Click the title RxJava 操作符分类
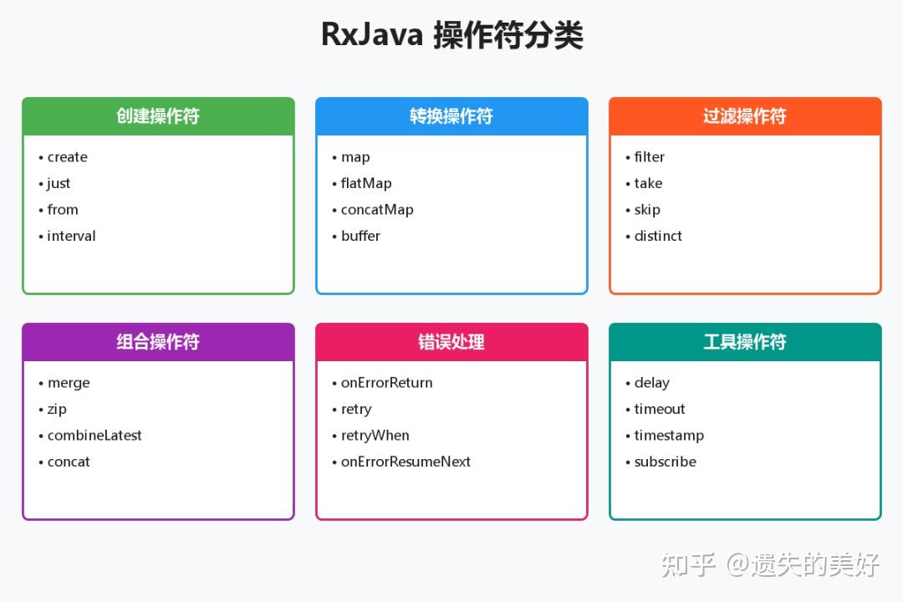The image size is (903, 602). coord(451,35)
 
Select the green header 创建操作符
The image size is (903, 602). coord(158,116)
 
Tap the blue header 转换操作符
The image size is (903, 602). coord(451,116)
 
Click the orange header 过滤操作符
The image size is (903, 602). coord(745,116)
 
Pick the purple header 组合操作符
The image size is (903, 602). coord(158,342)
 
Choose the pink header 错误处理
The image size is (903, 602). coord(451,342)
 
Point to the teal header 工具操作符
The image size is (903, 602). coord(745,342)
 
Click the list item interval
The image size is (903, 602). coord(71,236)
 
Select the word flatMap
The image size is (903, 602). coord(366,183)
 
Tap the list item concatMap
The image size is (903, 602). coord(377,210)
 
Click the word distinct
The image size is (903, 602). coord(658,236)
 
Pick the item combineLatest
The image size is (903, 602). coord(94,436)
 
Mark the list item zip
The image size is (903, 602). coord(57,409)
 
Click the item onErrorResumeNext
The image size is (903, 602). coord(406,462)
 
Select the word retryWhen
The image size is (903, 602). coord(375,436)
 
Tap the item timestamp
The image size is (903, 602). coord(669,436)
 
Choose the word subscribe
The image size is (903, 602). coord(665,462)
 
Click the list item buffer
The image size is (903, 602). coord(360,236)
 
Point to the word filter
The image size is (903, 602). coord(649,157)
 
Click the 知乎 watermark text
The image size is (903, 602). coord(688,564)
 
